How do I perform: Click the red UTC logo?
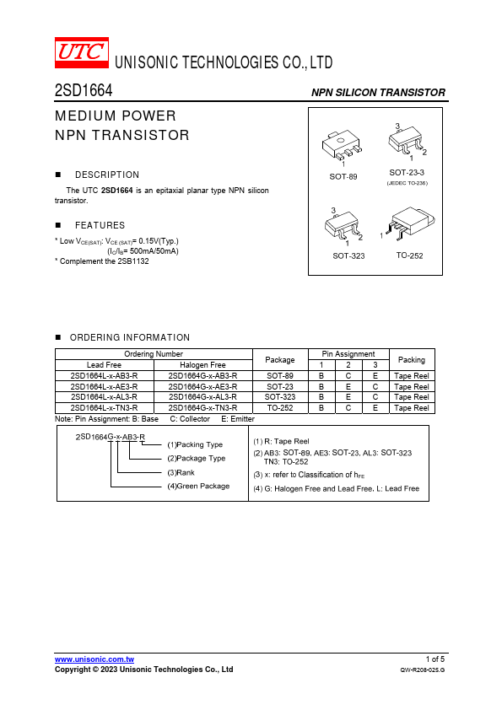(82, 52)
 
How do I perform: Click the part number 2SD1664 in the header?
(84, 90)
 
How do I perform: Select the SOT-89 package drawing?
(342, 146)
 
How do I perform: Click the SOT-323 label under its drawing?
(348, 255)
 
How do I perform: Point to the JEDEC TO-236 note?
(407, 183)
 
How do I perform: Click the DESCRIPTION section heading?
(107, 175)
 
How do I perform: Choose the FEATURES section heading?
(100, 225)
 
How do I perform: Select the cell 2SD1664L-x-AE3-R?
(105, 387)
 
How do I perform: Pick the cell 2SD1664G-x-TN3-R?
(202, 408)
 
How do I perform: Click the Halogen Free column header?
(202, 365)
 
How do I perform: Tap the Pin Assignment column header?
(348, 354)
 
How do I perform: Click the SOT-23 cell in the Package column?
(280, 387)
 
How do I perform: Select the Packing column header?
(412, 360)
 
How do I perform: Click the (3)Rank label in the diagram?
(181, 473)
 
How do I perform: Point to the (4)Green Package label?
(198, 487)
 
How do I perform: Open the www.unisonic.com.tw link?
(94, 659)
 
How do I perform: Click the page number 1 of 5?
(435, 659)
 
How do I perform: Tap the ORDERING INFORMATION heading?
(130, 338)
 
